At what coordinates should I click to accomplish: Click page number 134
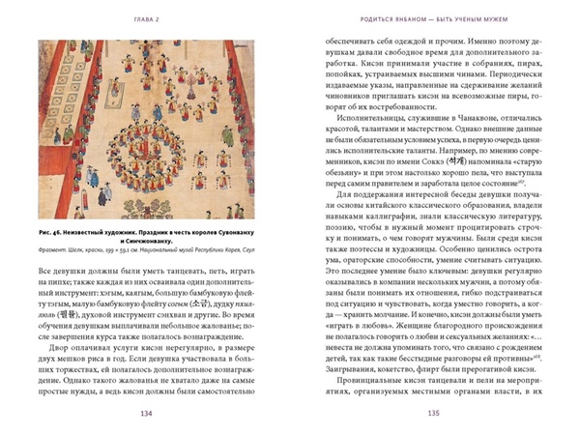pyautogui.click(x=146, y=415)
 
